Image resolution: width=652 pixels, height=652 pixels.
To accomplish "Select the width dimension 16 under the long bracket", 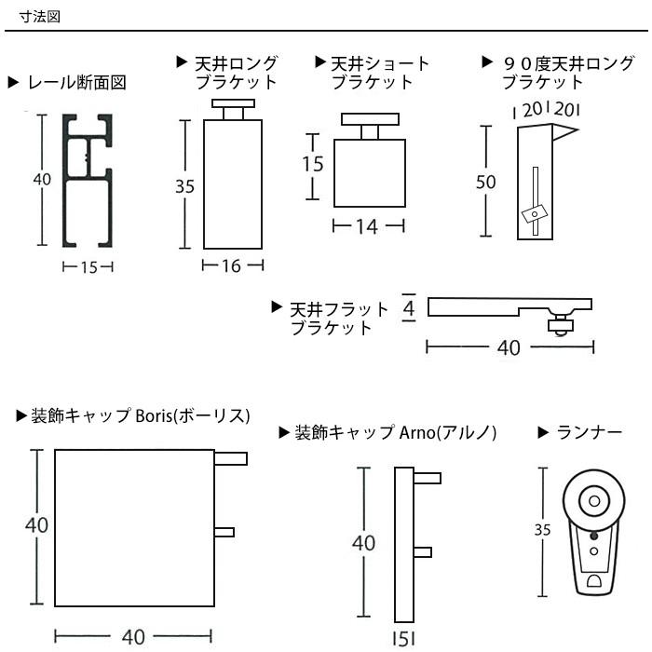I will [232, 266].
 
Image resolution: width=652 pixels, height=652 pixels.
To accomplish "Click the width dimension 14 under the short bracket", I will [368, 226].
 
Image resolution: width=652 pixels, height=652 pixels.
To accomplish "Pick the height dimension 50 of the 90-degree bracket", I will [485, 182].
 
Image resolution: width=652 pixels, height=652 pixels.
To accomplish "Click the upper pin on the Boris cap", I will [230, 458].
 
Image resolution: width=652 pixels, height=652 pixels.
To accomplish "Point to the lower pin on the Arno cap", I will [424, 552].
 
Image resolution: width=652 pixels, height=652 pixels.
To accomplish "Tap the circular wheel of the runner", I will [593, 501].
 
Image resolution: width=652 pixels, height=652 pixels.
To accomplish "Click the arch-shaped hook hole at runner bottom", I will [594, 584].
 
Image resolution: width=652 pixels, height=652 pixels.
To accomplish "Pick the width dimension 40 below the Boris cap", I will [133, 637].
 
